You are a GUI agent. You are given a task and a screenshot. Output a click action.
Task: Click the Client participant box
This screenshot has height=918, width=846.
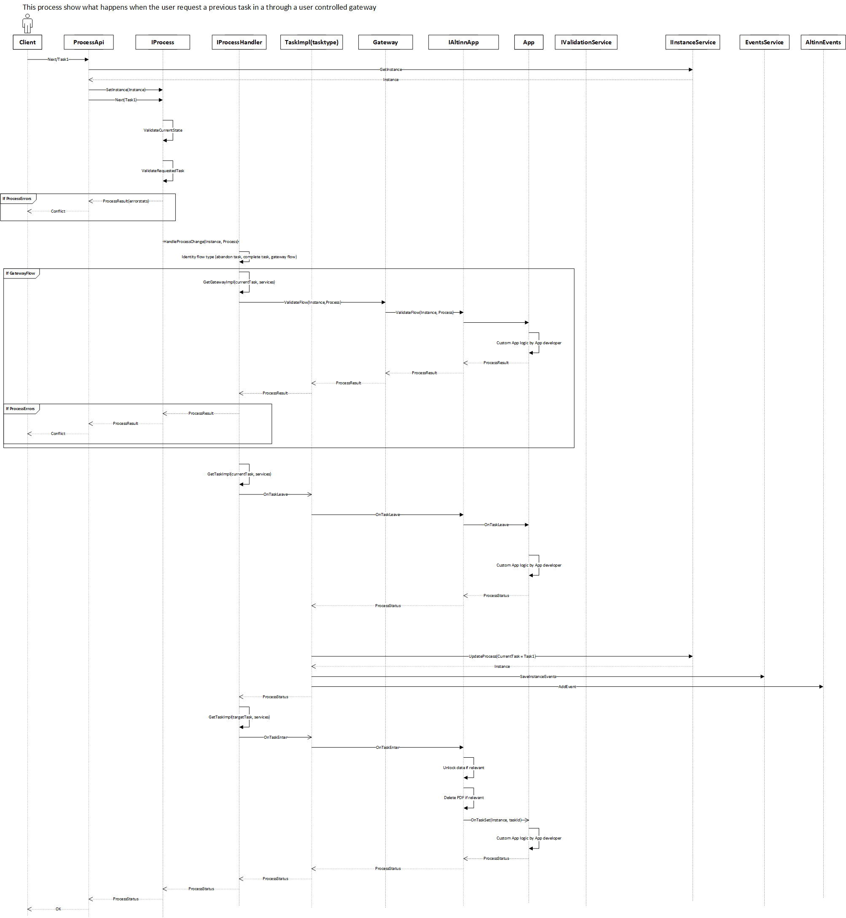point(27,42)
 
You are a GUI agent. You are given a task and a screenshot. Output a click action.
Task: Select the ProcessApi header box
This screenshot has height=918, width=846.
point(89,42)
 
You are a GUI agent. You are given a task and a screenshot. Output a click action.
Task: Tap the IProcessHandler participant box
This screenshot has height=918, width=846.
point(239,42)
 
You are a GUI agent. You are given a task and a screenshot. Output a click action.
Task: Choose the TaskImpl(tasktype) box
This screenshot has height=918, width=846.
point(312,42)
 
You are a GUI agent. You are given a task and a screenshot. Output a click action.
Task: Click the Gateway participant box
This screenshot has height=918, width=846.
point(385,42)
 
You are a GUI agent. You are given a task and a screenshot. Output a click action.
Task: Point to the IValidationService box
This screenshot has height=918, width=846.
point(585,42)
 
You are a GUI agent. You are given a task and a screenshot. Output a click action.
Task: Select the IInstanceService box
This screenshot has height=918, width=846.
point(692,42)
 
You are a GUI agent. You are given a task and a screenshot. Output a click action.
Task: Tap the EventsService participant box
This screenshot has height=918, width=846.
point(764,42)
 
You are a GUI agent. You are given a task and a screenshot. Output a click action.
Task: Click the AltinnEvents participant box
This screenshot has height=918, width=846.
point(823,42)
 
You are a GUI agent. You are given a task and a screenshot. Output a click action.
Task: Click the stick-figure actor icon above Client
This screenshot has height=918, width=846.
point(27,23)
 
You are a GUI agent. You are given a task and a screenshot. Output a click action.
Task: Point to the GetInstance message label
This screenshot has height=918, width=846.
point(390,70)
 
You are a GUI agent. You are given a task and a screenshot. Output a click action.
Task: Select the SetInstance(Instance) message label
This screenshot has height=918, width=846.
point(126,90)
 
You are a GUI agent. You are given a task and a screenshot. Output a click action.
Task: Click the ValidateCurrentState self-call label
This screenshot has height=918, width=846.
point(163,130)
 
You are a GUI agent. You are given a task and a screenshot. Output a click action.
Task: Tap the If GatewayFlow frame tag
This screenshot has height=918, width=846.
point(21,273)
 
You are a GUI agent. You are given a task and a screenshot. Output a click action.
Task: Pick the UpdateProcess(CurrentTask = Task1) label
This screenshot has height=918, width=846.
point(502,656)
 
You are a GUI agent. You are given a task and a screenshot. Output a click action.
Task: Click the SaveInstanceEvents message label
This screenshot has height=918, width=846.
point(538,677)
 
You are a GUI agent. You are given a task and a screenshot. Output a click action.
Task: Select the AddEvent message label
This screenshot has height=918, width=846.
point(567,687)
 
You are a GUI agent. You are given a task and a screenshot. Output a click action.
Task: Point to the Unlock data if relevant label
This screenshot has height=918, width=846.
point(463,768)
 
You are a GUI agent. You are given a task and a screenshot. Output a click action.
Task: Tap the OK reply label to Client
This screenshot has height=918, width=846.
point(58,909)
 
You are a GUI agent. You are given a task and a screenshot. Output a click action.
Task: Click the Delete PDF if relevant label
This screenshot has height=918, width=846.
point(463,797)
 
